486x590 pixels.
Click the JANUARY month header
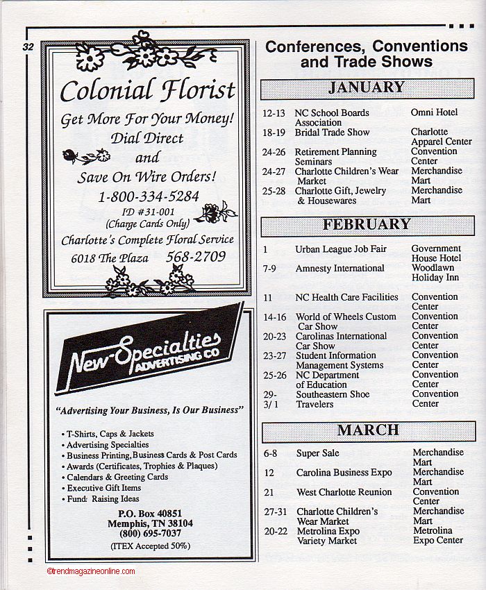coord(367,88)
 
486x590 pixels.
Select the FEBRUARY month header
coord(367,225)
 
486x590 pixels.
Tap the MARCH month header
coord(368,430)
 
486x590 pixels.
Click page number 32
coord(28,47)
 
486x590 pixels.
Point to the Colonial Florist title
coord(147,90)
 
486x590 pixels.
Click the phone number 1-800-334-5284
coord(148,196)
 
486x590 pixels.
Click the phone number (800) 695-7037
coord(151,533)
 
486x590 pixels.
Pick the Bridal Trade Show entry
coord(332,132)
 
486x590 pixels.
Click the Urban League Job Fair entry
coord(341,248)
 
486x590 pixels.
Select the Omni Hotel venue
coord(434,112)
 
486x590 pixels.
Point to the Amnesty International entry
coord(340,268)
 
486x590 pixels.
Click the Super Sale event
coord(318,453)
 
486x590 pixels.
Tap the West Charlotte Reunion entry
coord(344,492)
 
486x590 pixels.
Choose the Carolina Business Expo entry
coord(344,473)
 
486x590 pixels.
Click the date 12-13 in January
coord(274,112)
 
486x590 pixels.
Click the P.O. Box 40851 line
coord(150,513)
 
